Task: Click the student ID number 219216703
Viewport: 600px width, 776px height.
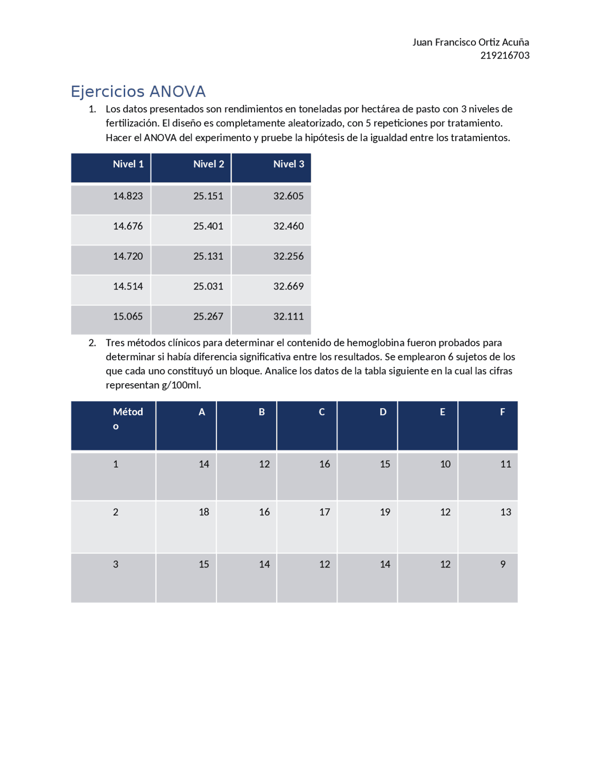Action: click(504, 55)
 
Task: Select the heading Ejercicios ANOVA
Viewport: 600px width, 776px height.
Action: click(138, 91)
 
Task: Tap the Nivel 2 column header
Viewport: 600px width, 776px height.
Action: click(209, 164)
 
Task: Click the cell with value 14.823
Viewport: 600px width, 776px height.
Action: click(127, 196)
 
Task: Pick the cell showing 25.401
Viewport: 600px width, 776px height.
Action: click(208, 226)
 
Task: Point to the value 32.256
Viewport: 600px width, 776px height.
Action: click(288, 256)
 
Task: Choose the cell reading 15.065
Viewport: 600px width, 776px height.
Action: click(127, 316)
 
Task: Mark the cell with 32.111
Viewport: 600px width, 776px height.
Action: click(288, 316)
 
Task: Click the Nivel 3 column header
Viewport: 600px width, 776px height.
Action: click(289, 164)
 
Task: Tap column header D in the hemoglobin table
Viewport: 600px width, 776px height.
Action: click(383, 412)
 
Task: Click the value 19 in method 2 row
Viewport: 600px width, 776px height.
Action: click(385, 512)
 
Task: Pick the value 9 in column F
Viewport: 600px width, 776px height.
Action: click(502, 564)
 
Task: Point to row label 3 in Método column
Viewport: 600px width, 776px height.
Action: click(116, 564)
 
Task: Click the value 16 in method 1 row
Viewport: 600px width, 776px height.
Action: click(324, 464)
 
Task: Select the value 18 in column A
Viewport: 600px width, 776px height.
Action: click(203, 512)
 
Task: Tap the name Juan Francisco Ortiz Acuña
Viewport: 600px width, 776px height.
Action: click(470, 42)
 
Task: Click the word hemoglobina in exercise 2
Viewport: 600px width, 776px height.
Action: click(375, 343)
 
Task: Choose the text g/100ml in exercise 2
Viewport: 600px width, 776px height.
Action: click(181, 385)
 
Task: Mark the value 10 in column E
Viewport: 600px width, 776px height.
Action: click(445, 464)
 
